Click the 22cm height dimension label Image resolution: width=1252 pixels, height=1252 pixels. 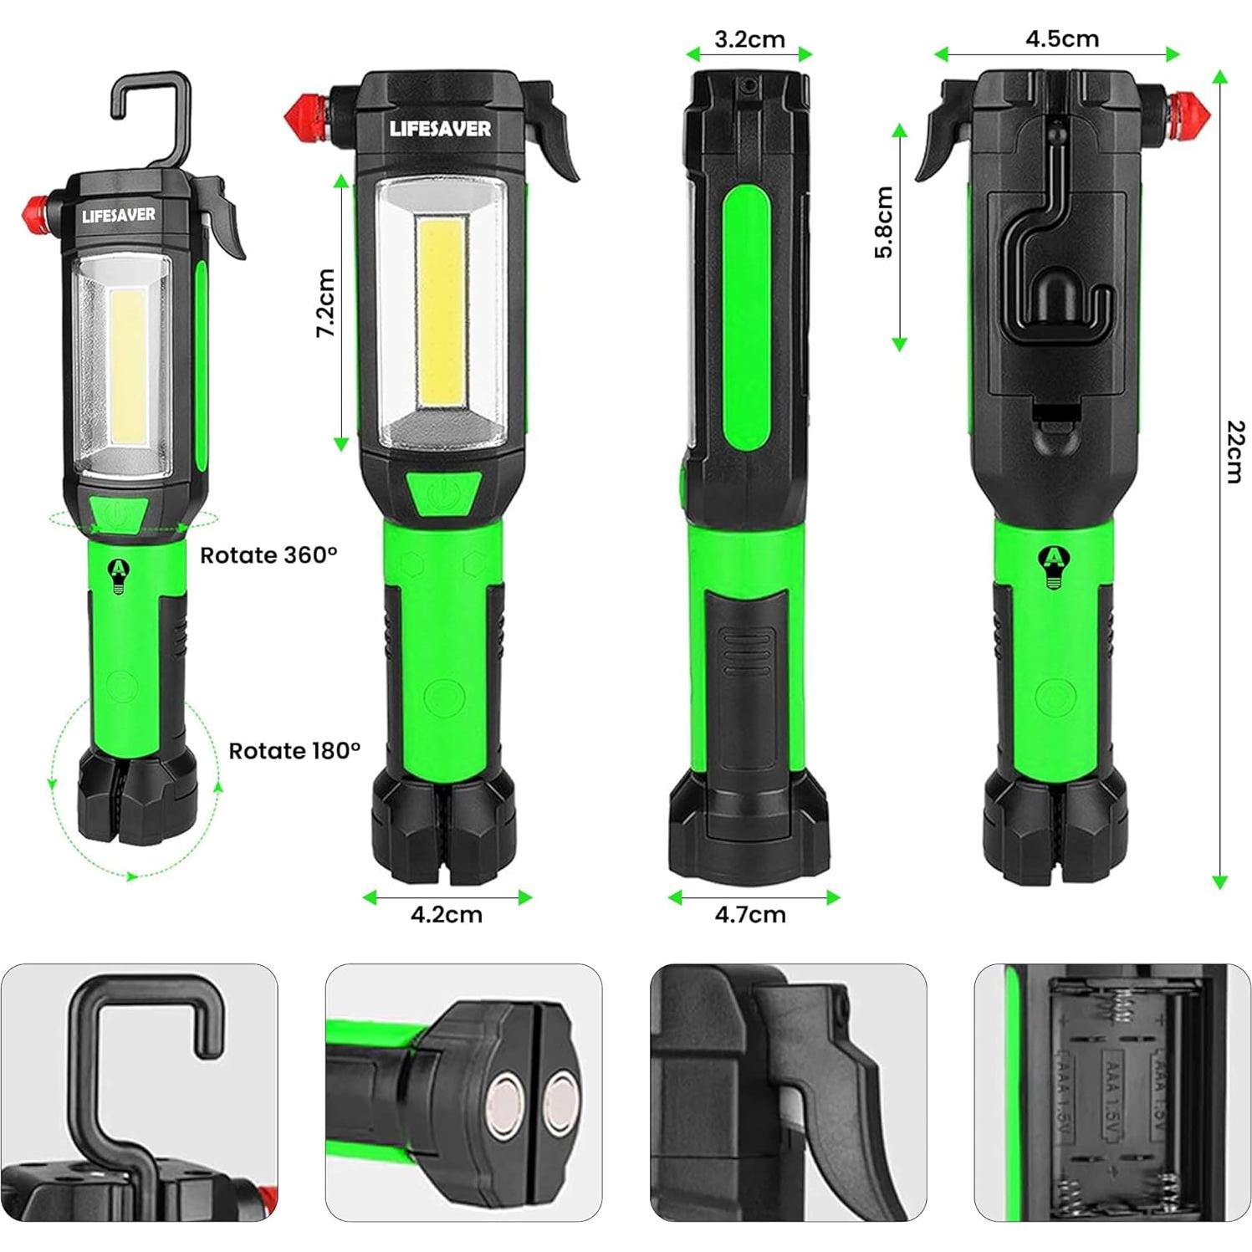pos(1234,452)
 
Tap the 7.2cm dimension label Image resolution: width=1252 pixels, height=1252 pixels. pos(325,303)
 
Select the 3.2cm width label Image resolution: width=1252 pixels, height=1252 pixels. pos(749,39)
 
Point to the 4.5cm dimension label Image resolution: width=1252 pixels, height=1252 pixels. pos(1061,39)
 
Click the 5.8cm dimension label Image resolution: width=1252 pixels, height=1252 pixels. pos(884,222)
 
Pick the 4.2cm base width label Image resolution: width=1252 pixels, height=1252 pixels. pos(447,914)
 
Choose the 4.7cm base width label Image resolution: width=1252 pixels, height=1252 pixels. pos(750,914)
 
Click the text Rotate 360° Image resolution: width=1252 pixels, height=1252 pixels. pos(268,555)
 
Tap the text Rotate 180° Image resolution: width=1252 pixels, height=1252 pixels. pos(294,750)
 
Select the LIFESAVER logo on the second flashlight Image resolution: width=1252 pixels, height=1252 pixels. pos(440,129)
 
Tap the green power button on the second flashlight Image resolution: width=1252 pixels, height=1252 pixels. pos(444,495)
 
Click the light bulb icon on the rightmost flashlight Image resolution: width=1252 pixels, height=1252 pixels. pos(1051,569)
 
